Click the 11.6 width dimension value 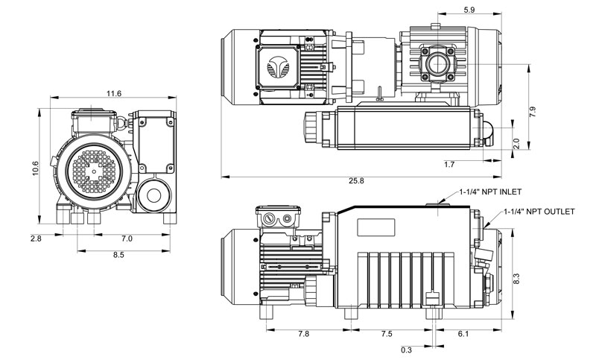(x=114, y=93)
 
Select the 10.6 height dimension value (x=34, y=169)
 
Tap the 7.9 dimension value (x=533, y=111)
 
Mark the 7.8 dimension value (x=304, y=333)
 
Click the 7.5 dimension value (x=387, y=333)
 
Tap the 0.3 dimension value (x=406, y=349)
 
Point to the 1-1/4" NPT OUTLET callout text (x=539, y=212)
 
